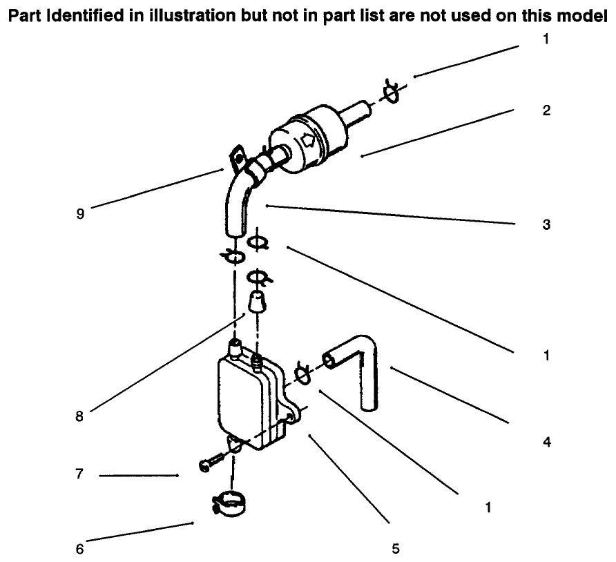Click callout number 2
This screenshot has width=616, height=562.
[546, 110]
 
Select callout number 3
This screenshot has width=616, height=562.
[546, 224]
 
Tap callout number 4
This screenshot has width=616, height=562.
[546, 441]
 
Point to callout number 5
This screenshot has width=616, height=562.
[395, 550]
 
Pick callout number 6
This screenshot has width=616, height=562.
[79, 550]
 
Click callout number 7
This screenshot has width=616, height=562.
[79, 475]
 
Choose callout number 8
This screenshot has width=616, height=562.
[79, 416]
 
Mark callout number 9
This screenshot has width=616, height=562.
[79, 214]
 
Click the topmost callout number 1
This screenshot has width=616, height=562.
[546, 40]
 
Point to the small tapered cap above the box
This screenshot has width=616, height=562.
[257, 302]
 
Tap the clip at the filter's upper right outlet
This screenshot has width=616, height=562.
[392, 93]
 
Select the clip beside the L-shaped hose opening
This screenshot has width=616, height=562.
[302, 372]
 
